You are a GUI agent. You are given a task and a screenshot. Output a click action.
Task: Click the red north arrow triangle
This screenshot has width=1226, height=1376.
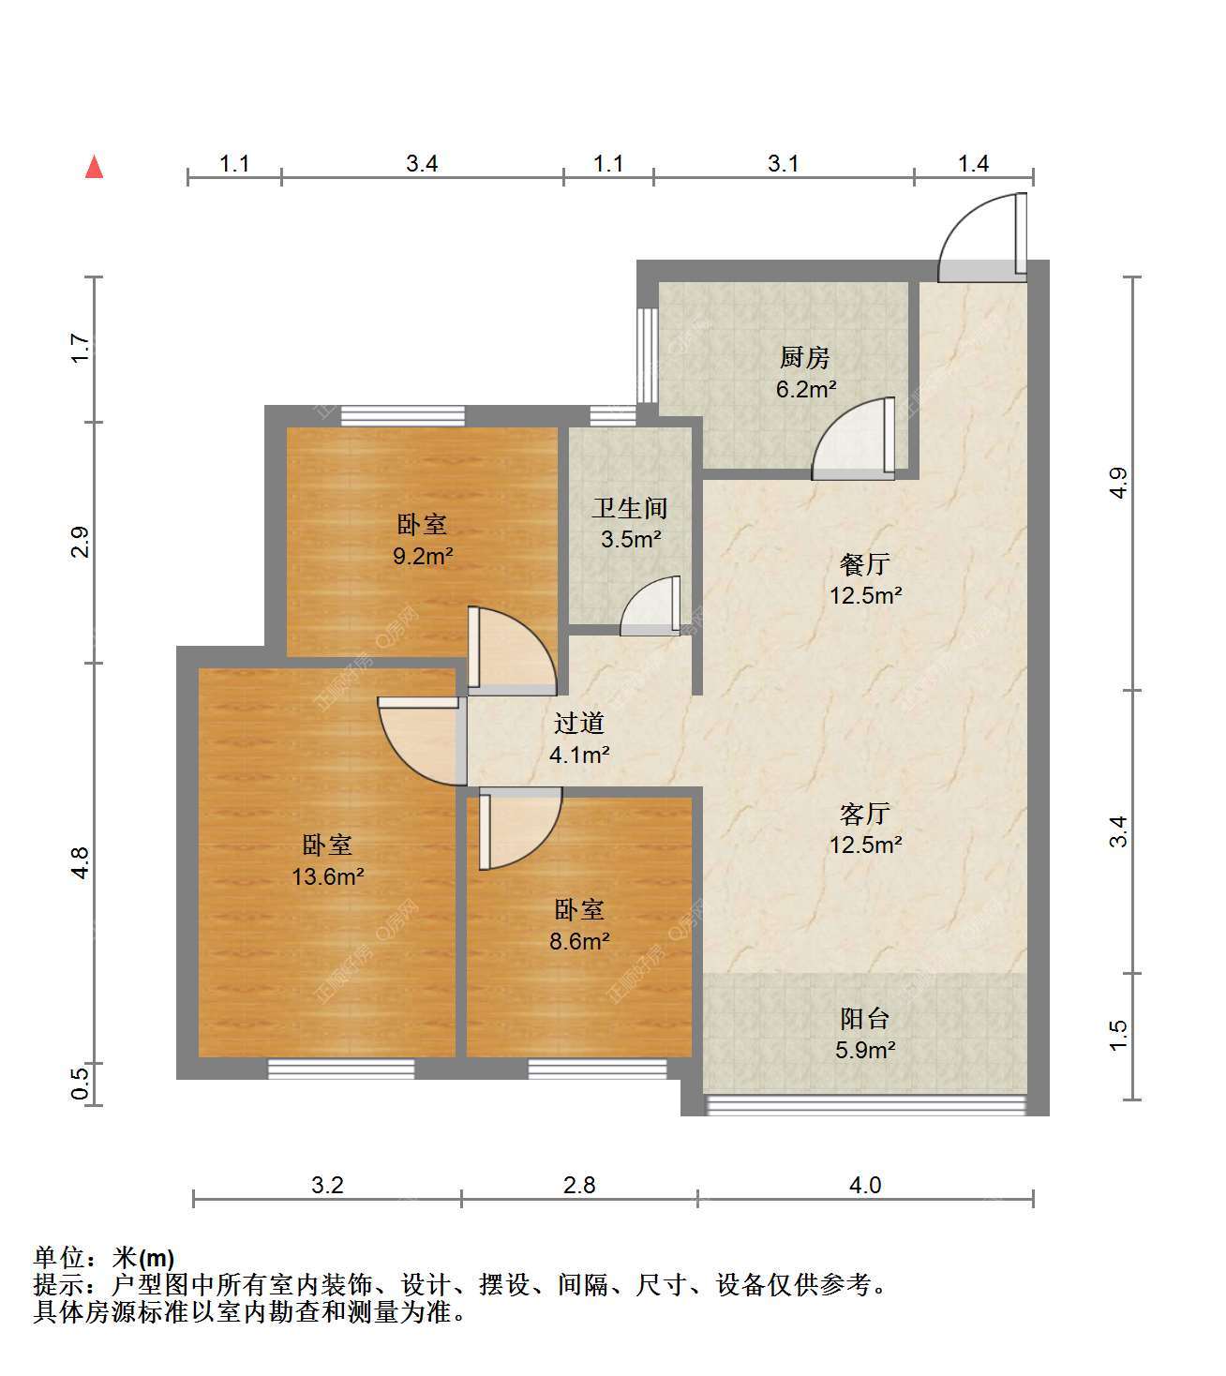coord(95,167)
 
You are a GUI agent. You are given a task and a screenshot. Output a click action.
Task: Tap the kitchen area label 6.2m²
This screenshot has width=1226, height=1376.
coord(805,390)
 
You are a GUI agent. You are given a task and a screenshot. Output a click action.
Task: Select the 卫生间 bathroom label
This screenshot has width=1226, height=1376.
coord(630,508)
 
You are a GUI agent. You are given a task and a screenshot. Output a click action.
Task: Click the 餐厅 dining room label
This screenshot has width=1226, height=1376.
coord(864,563)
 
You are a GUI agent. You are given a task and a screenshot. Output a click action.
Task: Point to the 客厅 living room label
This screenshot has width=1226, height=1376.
coord(864,814)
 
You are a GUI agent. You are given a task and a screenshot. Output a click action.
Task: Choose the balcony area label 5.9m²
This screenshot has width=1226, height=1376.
coord(865,1050)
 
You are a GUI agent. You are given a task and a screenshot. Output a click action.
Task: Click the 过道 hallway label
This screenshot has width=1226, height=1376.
coord(578,723)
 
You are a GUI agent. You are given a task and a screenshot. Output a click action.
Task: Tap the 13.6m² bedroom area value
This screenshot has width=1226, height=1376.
coord(328,876)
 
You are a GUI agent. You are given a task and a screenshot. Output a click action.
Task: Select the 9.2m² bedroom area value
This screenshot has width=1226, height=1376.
coord(423,556)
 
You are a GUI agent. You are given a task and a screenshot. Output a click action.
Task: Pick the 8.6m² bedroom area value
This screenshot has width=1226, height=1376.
coord(579,941)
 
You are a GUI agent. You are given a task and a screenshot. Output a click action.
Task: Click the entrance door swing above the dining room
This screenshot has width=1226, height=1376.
coord(982,238)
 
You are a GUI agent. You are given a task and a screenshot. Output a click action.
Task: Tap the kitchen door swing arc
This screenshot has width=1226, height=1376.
coord(853,439)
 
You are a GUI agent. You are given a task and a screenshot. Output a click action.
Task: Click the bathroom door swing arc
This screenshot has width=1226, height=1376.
coord(650,606)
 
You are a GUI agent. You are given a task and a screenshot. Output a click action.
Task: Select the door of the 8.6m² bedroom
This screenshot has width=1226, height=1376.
coord(520,829)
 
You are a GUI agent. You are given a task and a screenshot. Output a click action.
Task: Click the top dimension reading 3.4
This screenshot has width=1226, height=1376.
coord(422,164)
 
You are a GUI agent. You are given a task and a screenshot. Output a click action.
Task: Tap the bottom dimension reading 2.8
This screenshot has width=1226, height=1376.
coord(579,1185)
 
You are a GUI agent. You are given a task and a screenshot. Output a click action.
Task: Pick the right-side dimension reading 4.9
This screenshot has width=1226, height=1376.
coord(1118,483)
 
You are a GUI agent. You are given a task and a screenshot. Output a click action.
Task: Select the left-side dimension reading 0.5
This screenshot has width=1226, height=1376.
coord(81,1084)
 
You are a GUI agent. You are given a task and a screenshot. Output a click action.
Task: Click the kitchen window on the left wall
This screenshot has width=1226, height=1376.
coord(647,356)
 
